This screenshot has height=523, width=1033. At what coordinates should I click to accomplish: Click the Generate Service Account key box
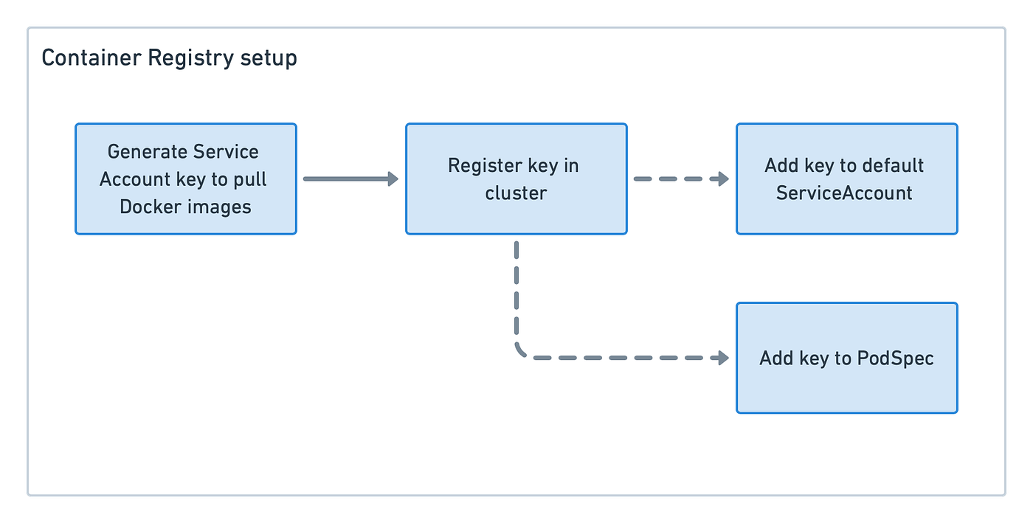click(x=186, y=179)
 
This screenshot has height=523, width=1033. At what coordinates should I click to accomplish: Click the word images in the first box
click(x=219, y=207)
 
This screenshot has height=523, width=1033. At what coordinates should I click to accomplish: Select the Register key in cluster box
click(x=516, y=179)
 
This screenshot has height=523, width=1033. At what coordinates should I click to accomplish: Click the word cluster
click(x=516, y=193)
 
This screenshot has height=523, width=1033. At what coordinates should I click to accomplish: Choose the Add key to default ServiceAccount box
click(x=846, y=179)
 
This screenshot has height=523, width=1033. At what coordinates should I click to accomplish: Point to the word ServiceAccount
click(x=844, y=193)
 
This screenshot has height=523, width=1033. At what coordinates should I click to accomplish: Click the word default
click(x=892, y=166)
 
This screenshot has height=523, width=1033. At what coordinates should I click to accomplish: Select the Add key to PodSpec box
click(x=846, y=358)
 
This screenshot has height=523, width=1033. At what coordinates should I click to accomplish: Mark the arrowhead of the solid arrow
click(x=392, y=179)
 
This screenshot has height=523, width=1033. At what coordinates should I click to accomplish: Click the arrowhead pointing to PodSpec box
click(x=722, y=358)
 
